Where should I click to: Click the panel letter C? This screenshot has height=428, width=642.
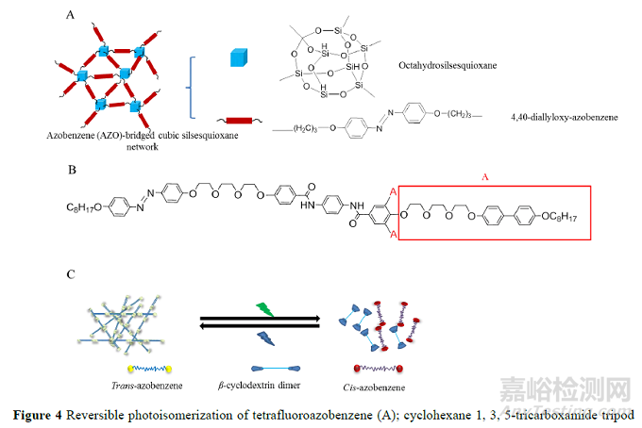click(x=72, y=274)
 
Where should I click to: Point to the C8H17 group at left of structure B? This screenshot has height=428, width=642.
click(x=81, y=207)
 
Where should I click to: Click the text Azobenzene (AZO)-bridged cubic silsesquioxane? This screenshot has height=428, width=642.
click(x=138, y=136)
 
